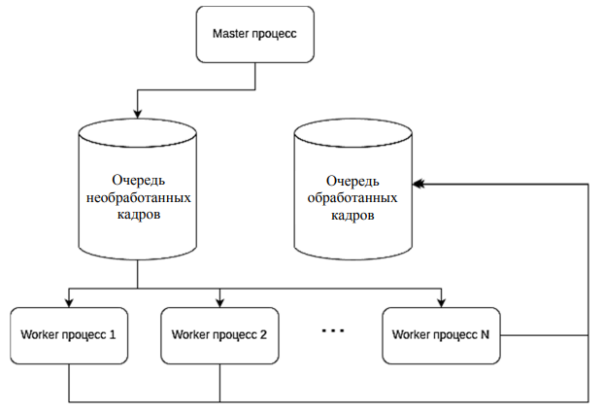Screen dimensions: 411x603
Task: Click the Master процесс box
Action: (255, 35)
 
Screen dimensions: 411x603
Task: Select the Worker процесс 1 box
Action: (69, 335)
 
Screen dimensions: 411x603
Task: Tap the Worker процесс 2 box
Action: (219, 335)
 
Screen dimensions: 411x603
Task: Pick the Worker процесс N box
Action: (441, 335)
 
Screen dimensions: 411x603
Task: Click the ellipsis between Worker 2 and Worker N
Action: (332, 332)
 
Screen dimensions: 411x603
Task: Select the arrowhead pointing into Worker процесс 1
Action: (69, 301)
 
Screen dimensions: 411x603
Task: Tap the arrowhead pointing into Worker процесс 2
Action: (219, 301)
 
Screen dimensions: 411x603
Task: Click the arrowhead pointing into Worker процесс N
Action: (441, 301)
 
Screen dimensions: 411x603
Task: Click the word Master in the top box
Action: (230, 35)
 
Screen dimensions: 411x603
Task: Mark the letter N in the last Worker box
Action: (484, 335)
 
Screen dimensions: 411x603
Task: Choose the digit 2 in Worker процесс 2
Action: (263, 335)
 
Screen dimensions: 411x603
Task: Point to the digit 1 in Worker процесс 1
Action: (113, 335)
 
